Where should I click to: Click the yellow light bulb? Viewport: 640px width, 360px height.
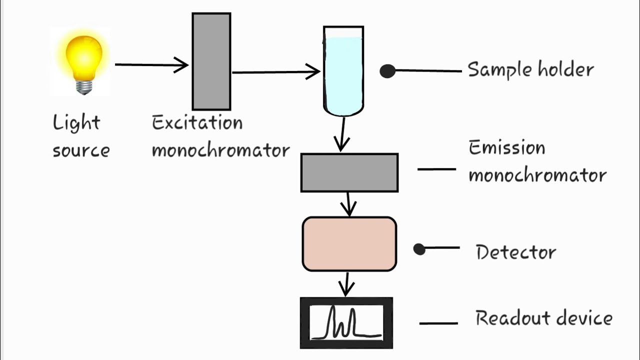(x=83, y=57)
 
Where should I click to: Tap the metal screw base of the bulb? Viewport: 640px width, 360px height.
(x=84, y=87)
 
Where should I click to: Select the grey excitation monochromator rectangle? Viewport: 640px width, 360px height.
(x=211, y=61)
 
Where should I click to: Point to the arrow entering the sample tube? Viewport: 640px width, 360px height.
(x=275, y=72)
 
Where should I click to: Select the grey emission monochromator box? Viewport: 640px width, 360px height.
(x=349, y=172)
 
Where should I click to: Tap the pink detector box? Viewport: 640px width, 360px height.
(x=349, y=244)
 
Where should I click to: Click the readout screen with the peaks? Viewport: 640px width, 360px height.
(x=346, y=323)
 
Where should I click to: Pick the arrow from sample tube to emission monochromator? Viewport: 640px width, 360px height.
(x=342, y=134)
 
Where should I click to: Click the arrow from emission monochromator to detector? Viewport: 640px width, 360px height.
(x=349, y=204)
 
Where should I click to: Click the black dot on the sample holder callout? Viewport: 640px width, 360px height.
(x=387, y=71)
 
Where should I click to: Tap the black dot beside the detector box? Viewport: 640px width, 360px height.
(x=419, y=249)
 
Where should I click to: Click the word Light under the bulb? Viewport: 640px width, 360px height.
(x=76, y=123)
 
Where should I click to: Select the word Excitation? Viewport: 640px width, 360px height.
(x=197, y=123)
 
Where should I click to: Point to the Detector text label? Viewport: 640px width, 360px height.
(x=515, y=252)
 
